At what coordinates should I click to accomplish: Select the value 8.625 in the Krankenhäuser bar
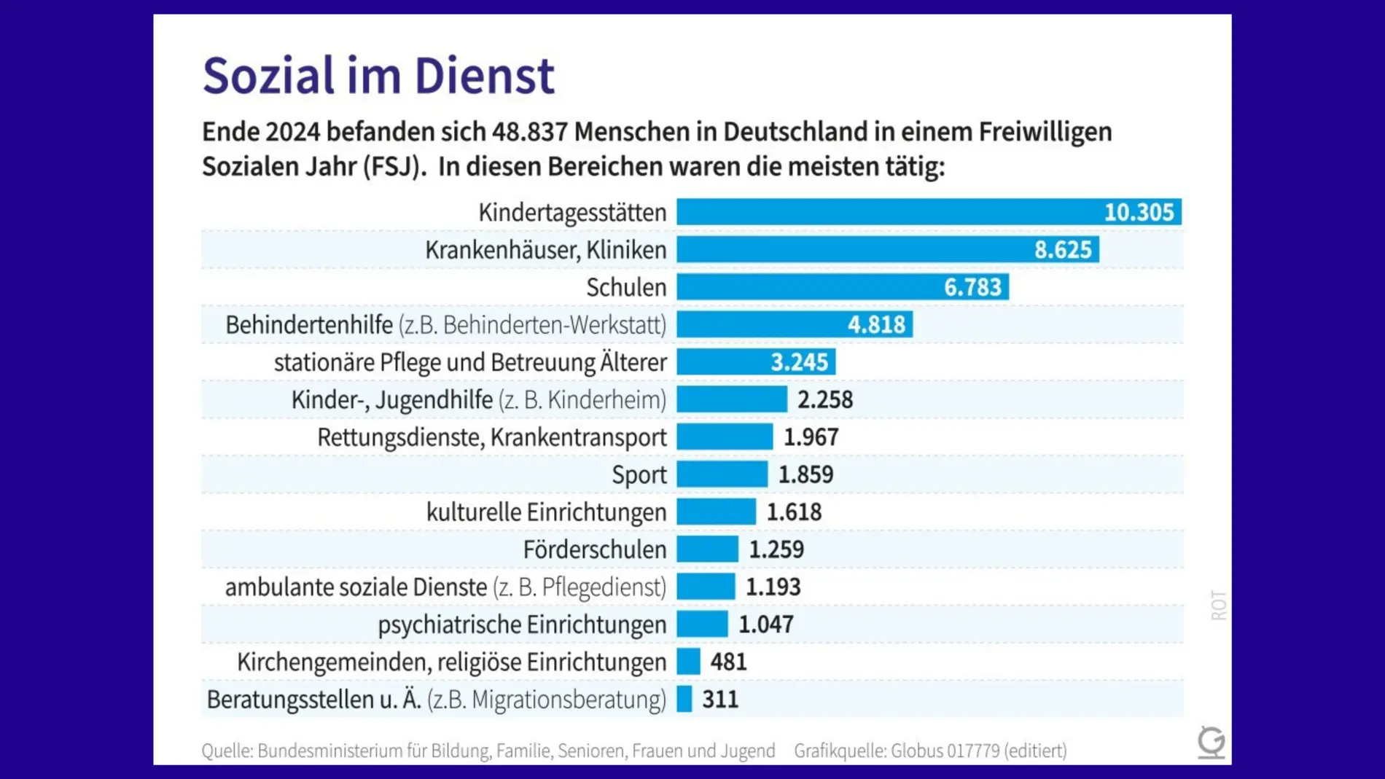click(x=1063, y=250)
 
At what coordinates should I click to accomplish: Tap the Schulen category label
click(x=626, y=287)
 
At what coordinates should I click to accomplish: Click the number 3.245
click(x=799, y=362)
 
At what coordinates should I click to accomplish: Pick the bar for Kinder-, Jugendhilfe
click(x=732, y=399)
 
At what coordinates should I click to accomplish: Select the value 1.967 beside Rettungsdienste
click(x=811, y=437)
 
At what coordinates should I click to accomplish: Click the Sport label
click(x=639, y=474)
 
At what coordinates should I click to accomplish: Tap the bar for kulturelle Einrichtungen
click(x=716, y=512)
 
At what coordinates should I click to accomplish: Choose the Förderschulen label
click(x=594, y=549)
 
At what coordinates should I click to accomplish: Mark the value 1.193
click(x=773, y=587)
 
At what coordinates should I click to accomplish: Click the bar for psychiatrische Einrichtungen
click(x=702, y=625)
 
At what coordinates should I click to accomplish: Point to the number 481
click(x=728, y=662)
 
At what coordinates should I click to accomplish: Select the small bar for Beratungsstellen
click(x=684, y=700)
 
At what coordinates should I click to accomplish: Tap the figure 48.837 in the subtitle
click(x=529, y=132)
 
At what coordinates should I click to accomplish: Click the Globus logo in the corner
click(x=1211, y=742)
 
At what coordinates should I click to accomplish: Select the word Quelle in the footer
click(x=226, y=751)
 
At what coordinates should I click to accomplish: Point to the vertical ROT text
click(x=1218, y=605)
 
